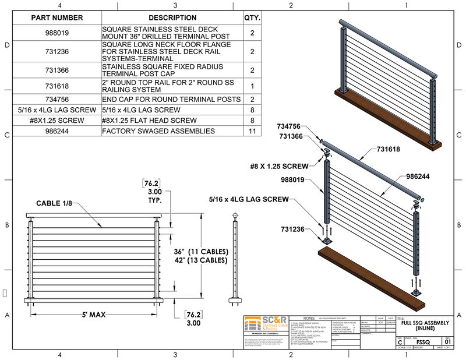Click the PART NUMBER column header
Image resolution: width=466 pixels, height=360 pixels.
pos(57,17)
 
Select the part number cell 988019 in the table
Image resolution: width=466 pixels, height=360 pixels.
pos(57,33)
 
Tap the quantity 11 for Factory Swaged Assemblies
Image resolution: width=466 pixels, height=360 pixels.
pos(252,131)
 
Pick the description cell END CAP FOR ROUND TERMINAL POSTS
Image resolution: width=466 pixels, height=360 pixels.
pos(171,100)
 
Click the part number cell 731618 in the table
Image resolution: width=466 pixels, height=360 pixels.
pos(57,86)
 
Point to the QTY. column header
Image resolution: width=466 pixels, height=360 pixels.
pos(252,17)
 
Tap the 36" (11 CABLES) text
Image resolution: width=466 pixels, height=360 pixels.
pos(200,252)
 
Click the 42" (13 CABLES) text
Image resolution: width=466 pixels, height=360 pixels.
pos(200,261)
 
